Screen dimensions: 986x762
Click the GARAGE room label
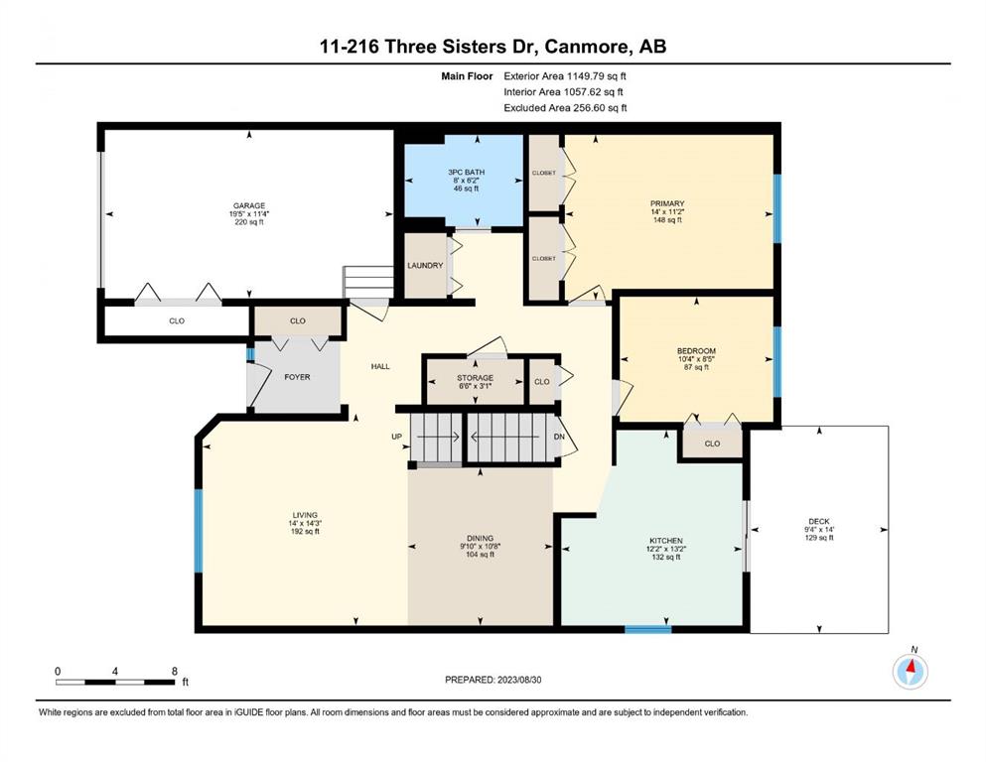pyautogui.click(x=249, y=205)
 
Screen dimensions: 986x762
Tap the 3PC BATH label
pyautogui.click(x=466, y=172)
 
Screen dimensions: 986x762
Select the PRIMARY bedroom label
pyautogui.click(x=667, y=203)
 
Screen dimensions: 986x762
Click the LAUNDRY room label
pyautogui.click(x=425, y=266)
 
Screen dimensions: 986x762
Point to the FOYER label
pyautogui.click(x=297, y=377)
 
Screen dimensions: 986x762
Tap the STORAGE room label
pyautogui.click(x=475, y=378)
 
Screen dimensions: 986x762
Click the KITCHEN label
pyautogui.click(x=666, y=541)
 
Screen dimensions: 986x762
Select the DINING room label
pyautogui.click(x=480, y=538)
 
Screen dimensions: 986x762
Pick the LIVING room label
pyautogui.click(x=305, y=515)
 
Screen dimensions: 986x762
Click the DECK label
pyautogui.click(x=819, y=521)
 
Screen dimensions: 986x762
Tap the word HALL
pyautogui.click(x=380, y=366)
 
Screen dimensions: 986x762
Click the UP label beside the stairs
pyautogui.click(x=397, y=437)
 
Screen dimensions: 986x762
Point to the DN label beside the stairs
pyautogui.click(x=559, y=437)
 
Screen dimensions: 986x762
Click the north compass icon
pyautogui.click(x=910, y=671)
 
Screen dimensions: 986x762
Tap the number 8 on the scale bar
pyautogui.click(x=174, y=671)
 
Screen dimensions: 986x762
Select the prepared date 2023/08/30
pyautogui.click(x=518, y=680)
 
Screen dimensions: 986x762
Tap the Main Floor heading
pyautogui.click(x=467, y=76)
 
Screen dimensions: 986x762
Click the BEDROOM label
pyautogui.click(x=696, y=350)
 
